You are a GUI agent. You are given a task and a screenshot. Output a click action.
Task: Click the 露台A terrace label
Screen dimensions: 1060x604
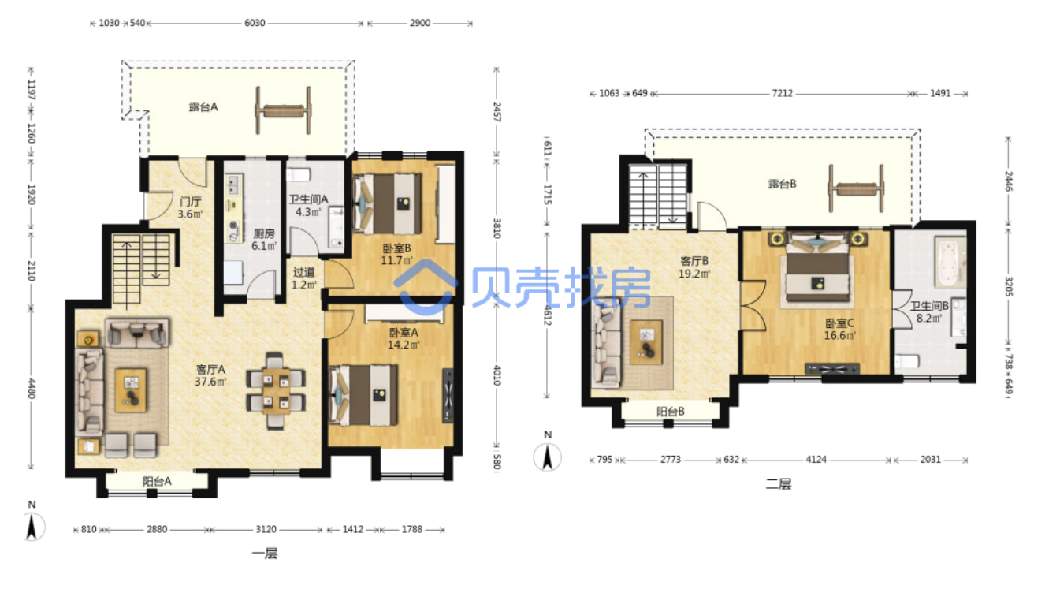tap(203, 107)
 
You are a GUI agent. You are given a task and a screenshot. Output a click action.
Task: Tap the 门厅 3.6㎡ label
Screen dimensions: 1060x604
tap(190, 208)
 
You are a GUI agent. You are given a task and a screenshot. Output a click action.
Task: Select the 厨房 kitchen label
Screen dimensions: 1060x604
tap(263, 234)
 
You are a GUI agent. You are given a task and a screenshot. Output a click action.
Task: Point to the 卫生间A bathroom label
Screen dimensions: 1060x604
tap(308, 199)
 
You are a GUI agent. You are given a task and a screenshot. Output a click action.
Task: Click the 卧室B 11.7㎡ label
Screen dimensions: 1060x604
tap(396, 254)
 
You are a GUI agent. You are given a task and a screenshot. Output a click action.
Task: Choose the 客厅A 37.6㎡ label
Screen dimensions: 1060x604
tap(210, 375)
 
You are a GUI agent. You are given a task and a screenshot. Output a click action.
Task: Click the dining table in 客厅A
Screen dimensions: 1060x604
tap(275, 391)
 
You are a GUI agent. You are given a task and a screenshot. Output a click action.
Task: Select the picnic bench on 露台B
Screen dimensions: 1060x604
tap(856, 188)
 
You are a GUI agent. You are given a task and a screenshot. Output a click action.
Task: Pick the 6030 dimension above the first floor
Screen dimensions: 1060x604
tap(255, 23)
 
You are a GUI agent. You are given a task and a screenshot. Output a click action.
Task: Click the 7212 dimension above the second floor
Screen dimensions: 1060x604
tap(783, 93)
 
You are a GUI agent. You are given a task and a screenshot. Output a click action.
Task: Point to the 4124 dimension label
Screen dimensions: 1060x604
tap(816, 460)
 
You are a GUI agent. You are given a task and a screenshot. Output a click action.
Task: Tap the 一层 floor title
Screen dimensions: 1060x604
tap(265, 554)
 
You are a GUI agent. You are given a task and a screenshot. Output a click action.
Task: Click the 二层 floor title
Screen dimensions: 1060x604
tap(779, 484)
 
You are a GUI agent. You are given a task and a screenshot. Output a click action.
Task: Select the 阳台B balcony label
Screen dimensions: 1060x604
tap(670, 412)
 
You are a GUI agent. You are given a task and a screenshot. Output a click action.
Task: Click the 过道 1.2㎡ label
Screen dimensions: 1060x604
tap(303, 278)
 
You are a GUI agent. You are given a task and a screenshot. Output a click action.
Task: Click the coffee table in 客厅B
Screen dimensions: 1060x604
tap(646, 341)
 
